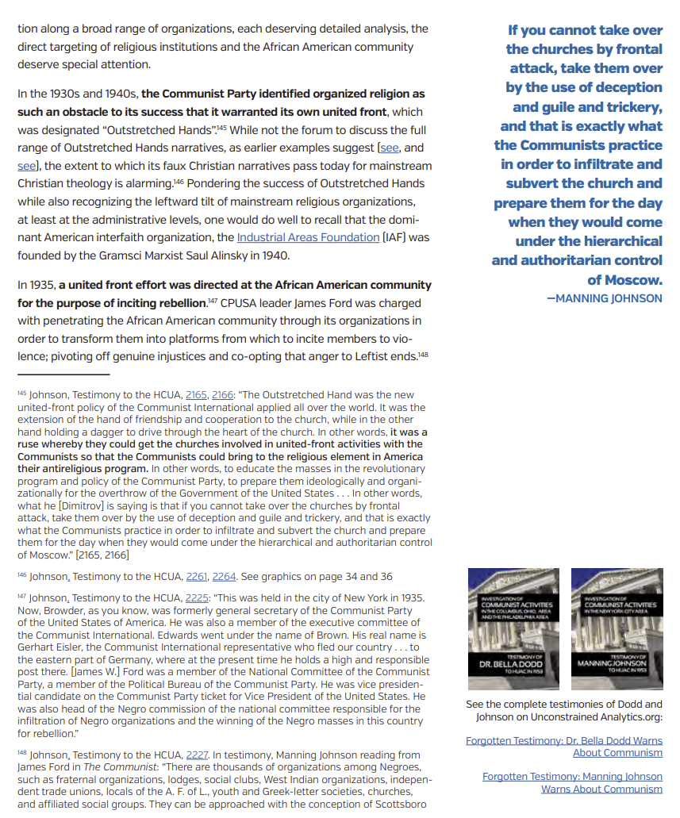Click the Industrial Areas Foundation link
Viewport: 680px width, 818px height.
tap(308, 237)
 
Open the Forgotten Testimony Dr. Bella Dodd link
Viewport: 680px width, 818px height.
tap(564, 747)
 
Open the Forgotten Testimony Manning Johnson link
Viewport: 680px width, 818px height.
tap(572, 782)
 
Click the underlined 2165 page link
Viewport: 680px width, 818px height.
tap(195, 394)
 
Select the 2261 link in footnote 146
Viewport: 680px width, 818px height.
tap(195, 577)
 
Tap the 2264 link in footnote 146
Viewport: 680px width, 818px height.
tap(224, 577)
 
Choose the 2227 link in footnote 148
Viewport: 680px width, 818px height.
tap(195, 755)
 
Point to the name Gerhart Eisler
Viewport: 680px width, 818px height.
tap(51, 647)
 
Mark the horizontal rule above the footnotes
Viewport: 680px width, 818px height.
tap(63, 374)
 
